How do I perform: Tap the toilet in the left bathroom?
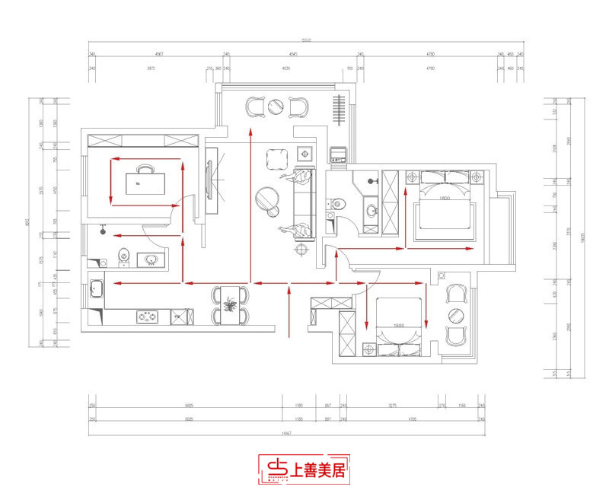pyautogui.click(x=123, y=256)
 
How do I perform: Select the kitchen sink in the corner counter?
pyautogui.click(x=97, y=289)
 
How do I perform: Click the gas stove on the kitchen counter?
pyautogui.click(x=146, y=315)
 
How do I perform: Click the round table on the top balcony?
pyautogui.click(x=276, y=107)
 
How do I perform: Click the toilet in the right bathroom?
pyautogui.click(x=337, y=203)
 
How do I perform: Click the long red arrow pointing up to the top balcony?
pyautogui.click(x=251, y=205)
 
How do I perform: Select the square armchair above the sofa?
pyautogui.click(x=276, y=161)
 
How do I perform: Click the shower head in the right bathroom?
pyautogui.click(x=372, y=181)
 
